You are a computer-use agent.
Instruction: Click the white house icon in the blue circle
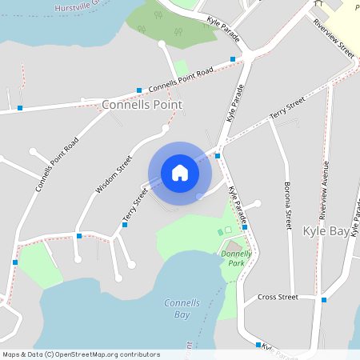coord(180,172)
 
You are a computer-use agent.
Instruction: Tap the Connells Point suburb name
coord(142,105)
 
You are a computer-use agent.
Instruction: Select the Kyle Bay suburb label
coord(326,231)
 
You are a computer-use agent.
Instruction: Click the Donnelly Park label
coord(237,257)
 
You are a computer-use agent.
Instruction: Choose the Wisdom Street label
coord(113,174)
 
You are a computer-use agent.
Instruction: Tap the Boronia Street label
coord(286,206)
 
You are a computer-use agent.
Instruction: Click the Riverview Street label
coord(334,38)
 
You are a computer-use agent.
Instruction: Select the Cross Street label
coord(277,297)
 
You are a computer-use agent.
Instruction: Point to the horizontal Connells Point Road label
coord(180,78)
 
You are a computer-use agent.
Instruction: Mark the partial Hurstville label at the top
coord(80,6)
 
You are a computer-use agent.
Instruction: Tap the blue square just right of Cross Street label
coord(324,300)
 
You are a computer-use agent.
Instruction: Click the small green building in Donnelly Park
coord(222,232)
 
